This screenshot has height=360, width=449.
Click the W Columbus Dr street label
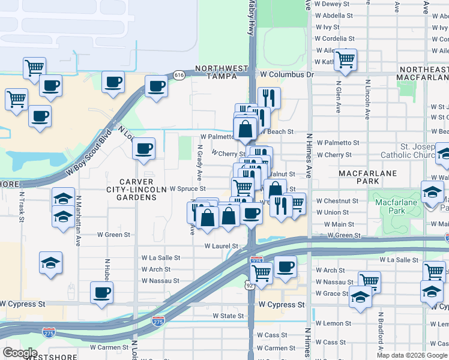coord(286,74)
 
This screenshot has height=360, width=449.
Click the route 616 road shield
coord(179,75)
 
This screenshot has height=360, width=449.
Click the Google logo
coord(20,353)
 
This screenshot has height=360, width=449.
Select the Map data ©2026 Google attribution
coord(412,355)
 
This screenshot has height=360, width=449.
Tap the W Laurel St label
coord(221,246)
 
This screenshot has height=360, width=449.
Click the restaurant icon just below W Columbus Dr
coord(269,98)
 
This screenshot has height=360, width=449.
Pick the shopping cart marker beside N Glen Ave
coord(345,59)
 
